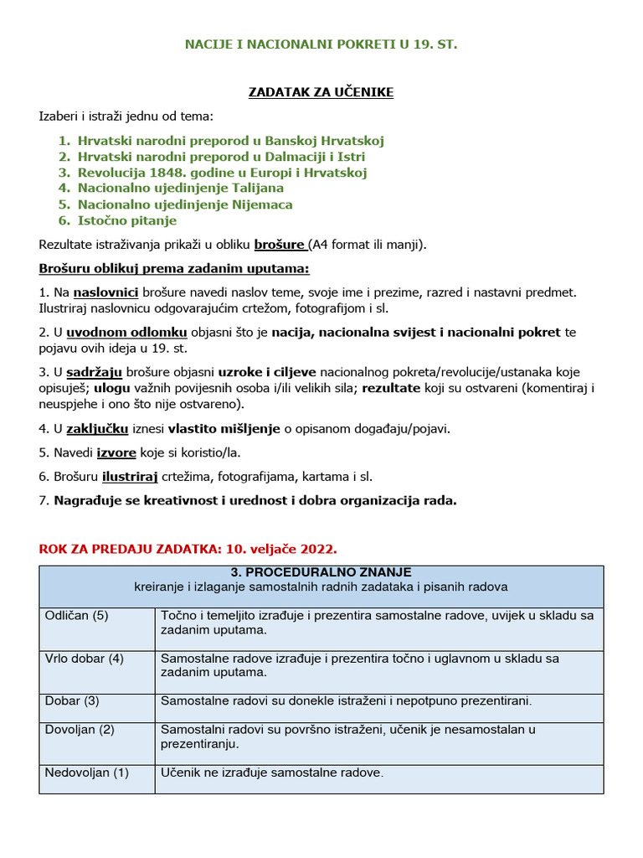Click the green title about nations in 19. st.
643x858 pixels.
pos(321,44)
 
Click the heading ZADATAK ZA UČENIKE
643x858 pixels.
pos(321,92)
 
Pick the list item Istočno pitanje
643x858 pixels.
pos(126,220)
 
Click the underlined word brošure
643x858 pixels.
pos(280,245)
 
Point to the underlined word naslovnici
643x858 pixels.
pos(105,292)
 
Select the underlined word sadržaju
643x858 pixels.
pos(94,371)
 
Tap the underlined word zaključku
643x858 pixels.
pos(97,428)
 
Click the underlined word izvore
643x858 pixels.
pos(116,452)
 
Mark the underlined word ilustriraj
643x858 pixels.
pos(130,477)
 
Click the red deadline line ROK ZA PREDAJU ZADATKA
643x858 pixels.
pos(188,550)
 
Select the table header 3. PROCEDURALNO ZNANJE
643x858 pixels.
pos(321,572)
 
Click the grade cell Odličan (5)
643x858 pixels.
pos(76,616)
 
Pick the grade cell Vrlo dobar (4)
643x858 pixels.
pos(84,659)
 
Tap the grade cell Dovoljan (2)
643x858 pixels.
pos(80,730)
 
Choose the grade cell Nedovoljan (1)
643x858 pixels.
pos(86,773)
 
